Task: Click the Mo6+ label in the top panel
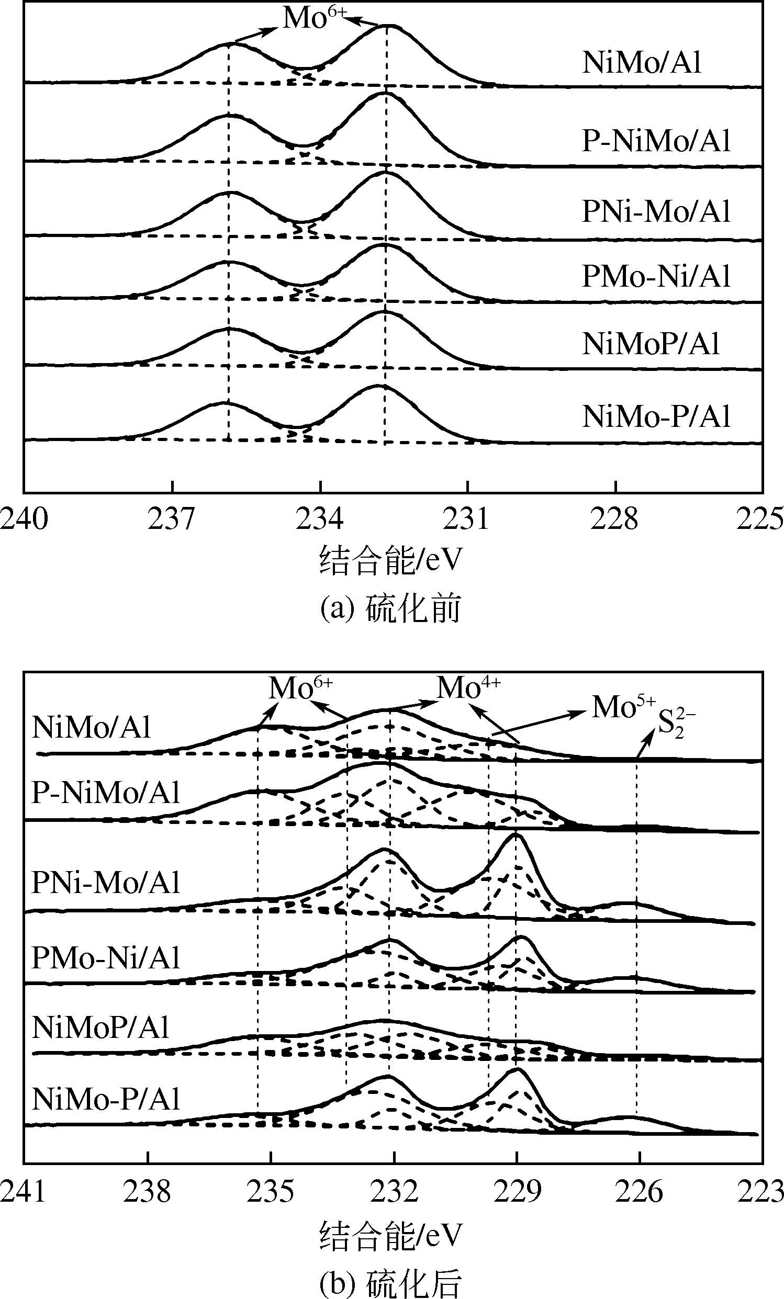(315, 18)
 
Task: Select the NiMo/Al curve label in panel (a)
(642, 62)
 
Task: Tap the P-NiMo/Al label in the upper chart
(656, 141)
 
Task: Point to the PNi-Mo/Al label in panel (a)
(656, 212)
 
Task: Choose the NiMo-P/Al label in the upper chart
(656, 416)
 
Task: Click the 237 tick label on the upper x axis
(172, 519)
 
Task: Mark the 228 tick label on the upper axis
(614, 519)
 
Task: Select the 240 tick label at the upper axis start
(24, 519)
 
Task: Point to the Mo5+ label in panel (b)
(623, 707)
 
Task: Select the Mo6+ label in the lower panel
(300, 687)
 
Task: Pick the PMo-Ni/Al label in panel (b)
(106, 958)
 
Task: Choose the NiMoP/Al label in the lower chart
(100, 1027)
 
